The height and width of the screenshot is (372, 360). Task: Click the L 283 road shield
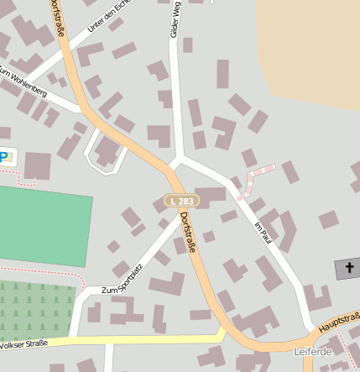click(x=180, y=201)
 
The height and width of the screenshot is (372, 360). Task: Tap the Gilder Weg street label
click(x=175, y=18)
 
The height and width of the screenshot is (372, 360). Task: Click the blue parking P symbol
click(x=5, y=156)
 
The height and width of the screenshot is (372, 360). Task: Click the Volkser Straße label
click(x=24, y=343)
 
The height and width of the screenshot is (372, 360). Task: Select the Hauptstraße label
click(x=340, y=321)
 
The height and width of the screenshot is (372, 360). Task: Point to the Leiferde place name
click(x=313, y=351)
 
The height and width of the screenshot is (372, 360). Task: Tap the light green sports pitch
click(x=42, y=225)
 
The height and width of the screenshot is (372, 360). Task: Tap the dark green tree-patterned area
click(x=34, y=307)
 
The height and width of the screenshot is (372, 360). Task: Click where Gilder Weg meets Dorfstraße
click(x=177, y=159)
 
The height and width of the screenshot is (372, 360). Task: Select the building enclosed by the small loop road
click(x=107, y=151)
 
